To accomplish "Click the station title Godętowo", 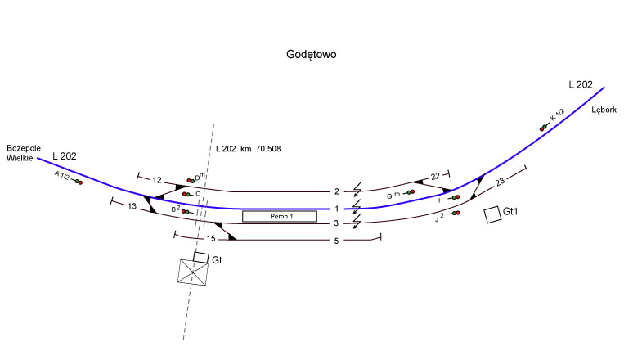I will tap(312, 55).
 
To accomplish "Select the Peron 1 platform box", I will tap(279, 217).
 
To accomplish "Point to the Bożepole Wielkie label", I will tap(24, 152).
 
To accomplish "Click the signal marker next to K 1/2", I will tap(543, 127).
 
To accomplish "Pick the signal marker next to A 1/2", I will tap(78, 181).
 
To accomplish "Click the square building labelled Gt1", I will tap(492, 214).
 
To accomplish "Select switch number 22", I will tap(435, 176).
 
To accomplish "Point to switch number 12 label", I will tap(157, 180).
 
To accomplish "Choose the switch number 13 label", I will tap(132, 206).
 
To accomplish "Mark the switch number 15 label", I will tap(210, 238).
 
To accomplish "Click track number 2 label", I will tap(336, 191).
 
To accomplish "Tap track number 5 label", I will tap(336, 240).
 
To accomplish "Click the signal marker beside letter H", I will tap(456, 197).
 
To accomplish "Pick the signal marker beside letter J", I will tap(456, 213).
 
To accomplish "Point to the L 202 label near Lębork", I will tap(581, 84).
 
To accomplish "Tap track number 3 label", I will tap(336, 223).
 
